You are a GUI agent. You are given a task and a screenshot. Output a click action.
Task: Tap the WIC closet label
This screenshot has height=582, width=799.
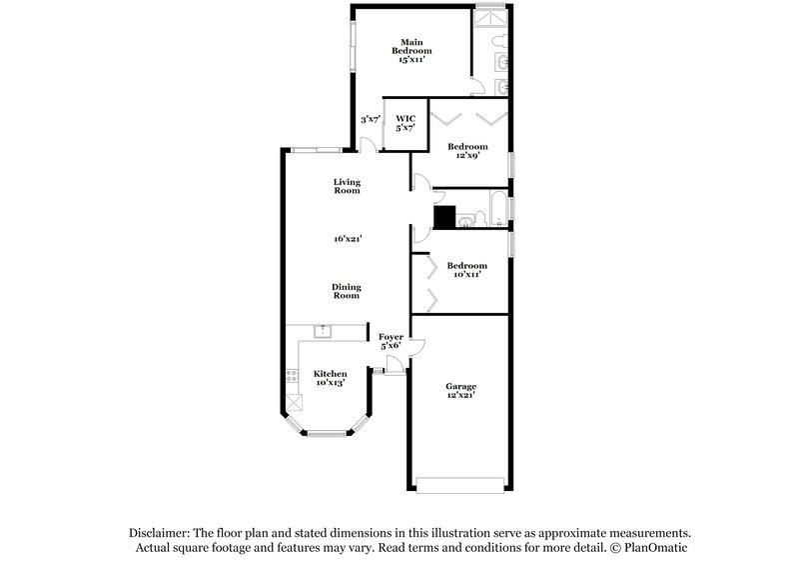[x=404, y=119]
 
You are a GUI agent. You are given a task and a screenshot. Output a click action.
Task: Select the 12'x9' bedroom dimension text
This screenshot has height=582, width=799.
[x=467, y=157]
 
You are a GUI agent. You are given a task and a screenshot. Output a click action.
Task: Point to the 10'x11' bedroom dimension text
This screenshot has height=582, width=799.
[x=466, y=275]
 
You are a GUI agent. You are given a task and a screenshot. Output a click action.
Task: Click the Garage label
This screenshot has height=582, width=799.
[x=460, y=386]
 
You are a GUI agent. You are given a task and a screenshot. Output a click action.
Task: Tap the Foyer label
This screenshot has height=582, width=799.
[x=391, y=337]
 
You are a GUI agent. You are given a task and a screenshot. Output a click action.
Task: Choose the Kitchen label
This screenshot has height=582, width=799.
[x=330, y=373]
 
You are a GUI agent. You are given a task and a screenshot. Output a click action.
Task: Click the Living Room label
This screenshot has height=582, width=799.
[x=347, y=186]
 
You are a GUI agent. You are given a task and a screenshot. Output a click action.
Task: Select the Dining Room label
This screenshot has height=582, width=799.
[x=347, y=292]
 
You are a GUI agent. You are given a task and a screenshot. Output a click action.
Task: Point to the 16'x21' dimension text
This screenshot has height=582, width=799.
[x=347, y=239]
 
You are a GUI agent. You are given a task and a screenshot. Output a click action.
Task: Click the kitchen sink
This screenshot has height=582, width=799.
[x=324, y=331]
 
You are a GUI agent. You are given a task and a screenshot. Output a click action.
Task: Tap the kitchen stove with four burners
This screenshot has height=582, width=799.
[x=293, y=376]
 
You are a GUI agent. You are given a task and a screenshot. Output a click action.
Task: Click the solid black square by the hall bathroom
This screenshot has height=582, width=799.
[x=443, y=217]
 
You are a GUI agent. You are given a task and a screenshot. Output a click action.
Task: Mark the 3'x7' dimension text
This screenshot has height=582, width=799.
[x=370, y=119]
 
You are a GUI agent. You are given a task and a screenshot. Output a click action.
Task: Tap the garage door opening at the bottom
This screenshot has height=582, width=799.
[x=459, y=487]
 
